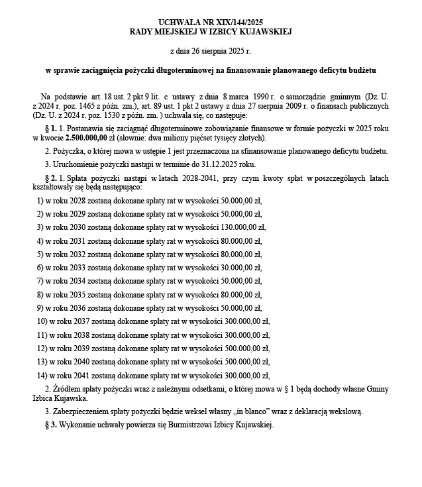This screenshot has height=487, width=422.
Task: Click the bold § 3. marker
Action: pyautogui.click(x=50, y=425)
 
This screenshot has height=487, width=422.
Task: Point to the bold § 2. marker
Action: pyautogui.click(x=50, y=178)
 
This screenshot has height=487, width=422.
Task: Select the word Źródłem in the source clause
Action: pyautogui.click(x=64, y=388)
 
